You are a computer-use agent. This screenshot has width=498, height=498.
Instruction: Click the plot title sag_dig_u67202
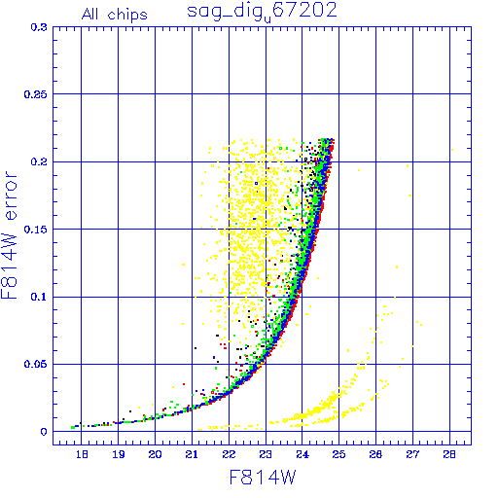(x=262, y=13)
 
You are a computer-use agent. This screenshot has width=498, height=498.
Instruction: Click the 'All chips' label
(x=115, y=15)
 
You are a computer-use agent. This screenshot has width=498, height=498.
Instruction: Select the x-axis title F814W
(x=263, y=478)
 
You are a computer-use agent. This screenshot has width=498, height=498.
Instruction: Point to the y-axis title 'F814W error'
(x=9, y=234)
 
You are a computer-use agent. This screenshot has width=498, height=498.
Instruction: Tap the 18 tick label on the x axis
(x=82, y=454)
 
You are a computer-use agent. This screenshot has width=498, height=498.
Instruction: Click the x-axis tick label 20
(x=155, y=454)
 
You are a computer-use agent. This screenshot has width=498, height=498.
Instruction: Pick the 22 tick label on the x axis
(x=229, y=454)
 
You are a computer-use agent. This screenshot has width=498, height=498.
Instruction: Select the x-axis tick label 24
(x=302, y=454)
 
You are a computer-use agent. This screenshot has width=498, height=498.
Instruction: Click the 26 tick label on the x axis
(x=375, y=454)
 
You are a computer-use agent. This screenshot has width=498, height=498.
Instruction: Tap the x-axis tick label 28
(x=449, y=454)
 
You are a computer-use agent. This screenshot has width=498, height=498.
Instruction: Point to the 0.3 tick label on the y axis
(x=39, y=27)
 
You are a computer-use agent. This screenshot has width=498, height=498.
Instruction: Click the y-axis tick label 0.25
(x=36, y=94)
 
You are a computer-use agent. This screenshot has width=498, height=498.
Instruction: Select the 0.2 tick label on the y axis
(x=39, y=161)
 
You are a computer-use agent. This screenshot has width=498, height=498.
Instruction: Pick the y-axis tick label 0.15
(x=36, y=230)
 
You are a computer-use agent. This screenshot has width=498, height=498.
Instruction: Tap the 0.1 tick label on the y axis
(x=39, y=297)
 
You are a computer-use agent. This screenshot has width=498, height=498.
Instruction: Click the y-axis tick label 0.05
(x=36, y=364)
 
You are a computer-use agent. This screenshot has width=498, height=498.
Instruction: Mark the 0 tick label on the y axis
(x=44, y=432)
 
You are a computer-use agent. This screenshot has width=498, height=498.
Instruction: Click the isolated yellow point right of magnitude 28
(x=452, y=150)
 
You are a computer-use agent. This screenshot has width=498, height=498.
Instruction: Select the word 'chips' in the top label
(x=127, y=15)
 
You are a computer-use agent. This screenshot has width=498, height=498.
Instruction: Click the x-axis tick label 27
(x=412, y=454)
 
